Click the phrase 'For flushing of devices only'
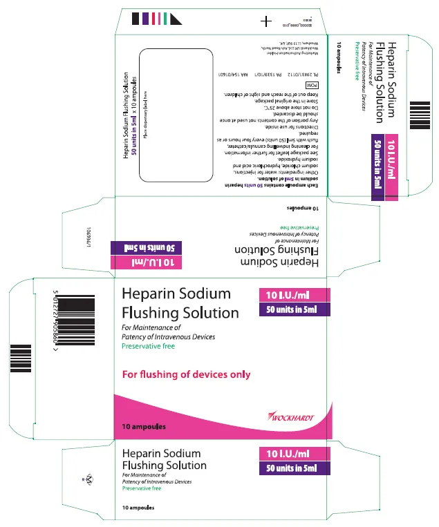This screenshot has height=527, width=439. [x=186, y=375]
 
